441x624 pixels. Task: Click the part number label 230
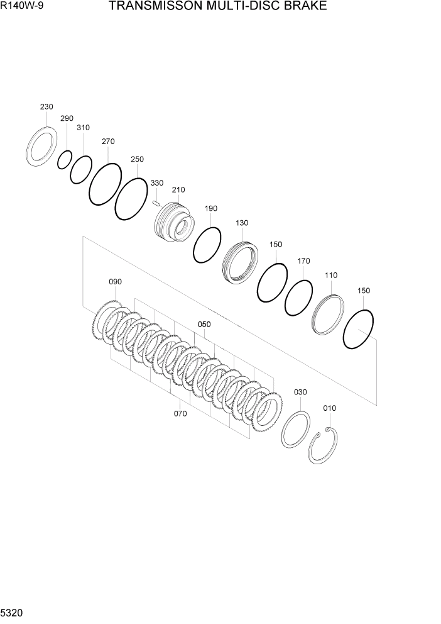coord(46,107)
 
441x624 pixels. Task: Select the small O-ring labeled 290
coord(64,160)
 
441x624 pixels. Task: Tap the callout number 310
coord(83,128)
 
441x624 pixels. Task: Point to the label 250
coord(137,159)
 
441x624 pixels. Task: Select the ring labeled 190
coord(207,245)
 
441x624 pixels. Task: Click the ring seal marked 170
coord(298,298)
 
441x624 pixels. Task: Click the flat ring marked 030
coord(295,429)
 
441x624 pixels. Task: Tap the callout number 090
coord(115,282)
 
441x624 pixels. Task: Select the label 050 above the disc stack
coord(204,325)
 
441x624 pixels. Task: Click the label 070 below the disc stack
coord(180,414)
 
